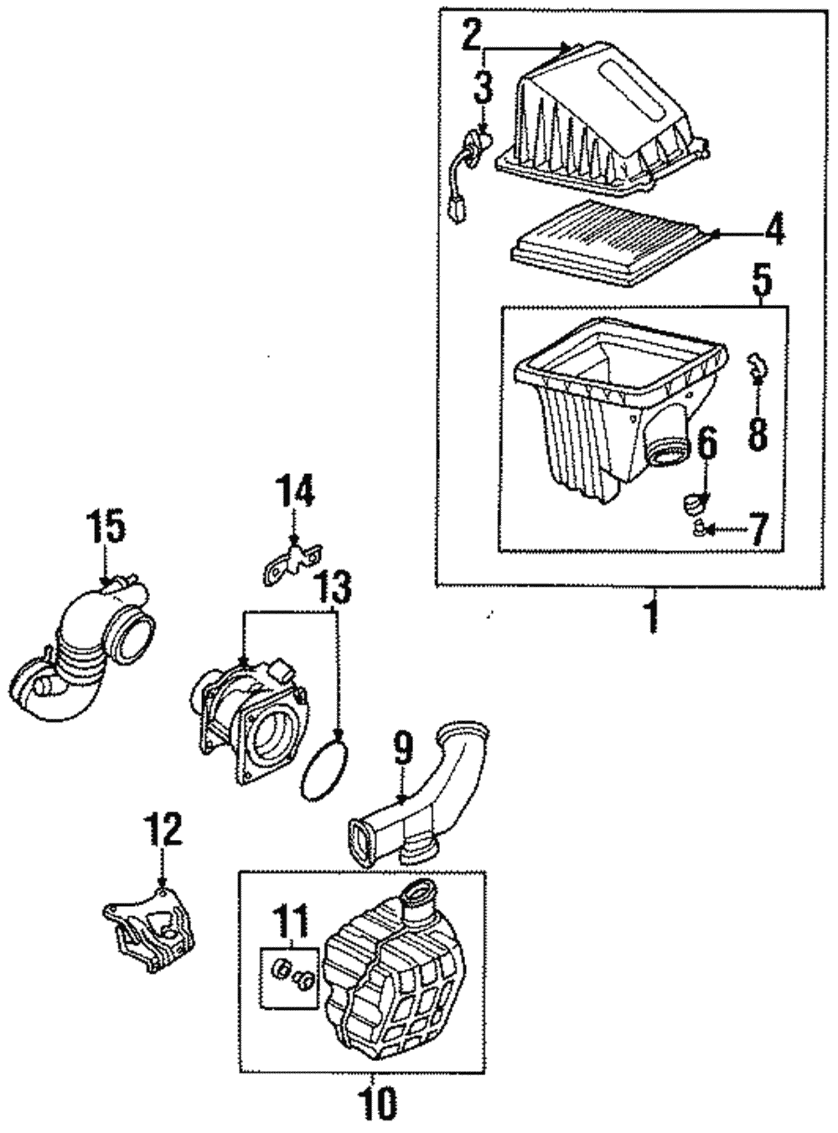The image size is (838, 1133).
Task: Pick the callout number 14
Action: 297,492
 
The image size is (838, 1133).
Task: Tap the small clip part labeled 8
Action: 755,364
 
